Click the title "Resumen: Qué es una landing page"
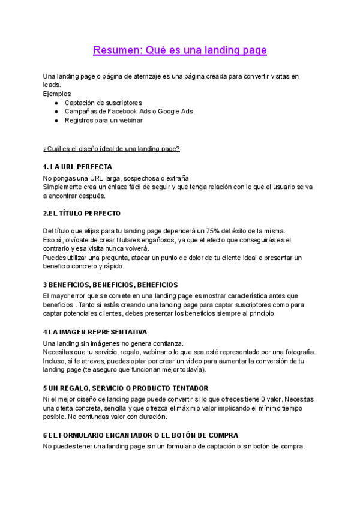(x=180, y=50)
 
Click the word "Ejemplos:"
(x=58, y=94)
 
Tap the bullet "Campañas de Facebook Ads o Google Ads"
(x=128, y=111)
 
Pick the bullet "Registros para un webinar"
(x=103, y=120)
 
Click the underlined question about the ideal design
(x=112, y=148)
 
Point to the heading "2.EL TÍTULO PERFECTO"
(x=82, y=213)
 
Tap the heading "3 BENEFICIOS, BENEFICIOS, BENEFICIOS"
(x=110, y=285)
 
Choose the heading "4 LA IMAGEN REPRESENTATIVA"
(x=95, y=332)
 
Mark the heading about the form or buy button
(x=141, y=435)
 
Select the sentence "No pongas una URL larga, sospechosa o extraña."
(x=116, y=178)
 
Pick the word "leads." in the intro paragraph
(x=52, y=85)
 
